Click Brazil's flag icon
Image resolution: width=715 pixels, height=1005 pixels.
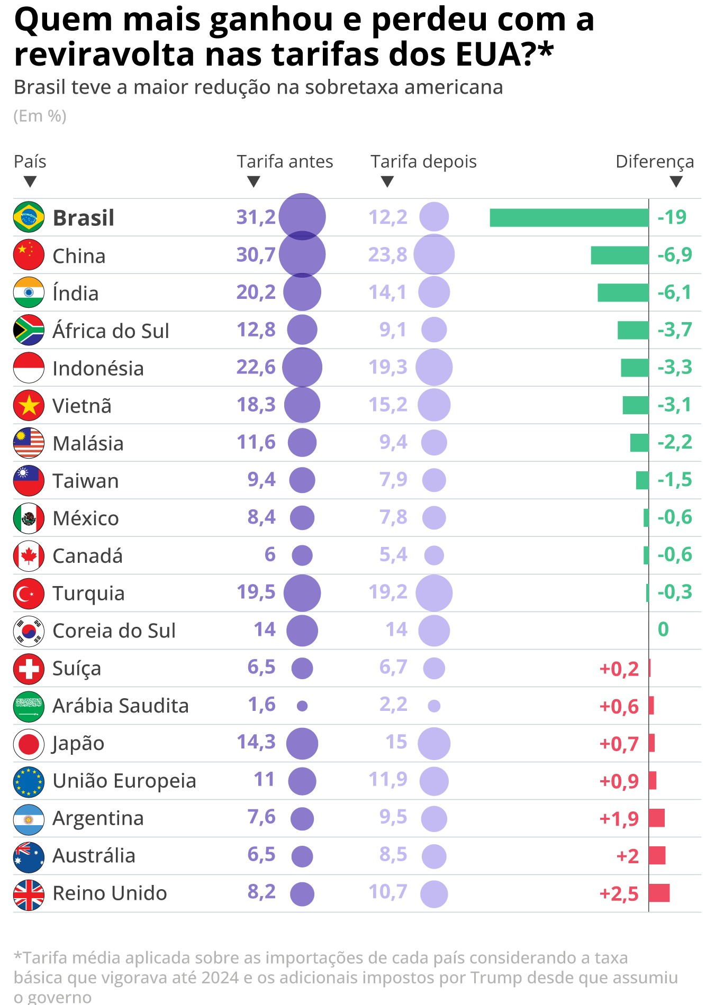tap(29, 217)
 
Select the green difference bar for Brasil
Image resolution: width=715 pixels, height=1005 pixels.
tap(569, 217)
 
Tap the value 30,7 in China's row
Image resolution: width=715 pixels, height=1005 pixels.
tap(256, 255)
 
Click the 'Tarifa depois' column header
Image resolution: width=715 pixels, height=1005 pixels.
tap(423, 161)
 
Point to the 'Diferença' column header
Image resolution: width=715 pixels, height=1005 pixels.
tap(655, 161)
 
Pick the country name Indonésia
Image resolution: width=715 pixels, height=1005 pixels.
tap(98, 368)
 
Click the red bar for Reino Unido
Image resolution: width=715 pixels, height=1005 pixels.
tap(659, 893)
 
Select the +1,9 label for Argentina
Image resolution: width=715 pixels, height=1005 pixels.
tap(619, 819)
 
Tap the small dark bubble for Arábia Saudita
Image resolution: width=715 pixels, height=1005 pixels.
tap(302, 706)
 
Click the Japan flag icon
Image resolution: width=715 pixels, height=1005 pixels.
tap(29, 743)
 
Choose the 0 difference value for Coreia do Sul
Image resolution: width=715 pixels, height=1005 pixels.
tap(663, 629)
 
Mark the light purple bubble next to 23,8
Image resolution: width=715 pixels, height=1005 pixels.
tap(434, 255)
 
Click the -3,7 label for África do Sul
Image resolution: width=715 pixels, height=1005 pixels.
tap(674, 330)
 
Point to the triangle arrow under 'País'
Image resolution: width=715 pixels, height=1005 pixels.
tap(30, 182)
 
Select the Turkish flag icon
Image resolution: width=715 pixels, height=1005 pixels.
tap(29, 593)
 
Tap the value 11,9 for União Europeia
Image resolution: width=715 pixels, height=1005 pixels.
tap(388, 779)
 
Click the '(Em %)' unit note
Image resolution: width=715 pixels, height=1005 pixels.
tap(40, 116)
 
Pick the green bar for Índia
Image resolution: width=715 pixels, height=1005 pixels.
tap(623, 293)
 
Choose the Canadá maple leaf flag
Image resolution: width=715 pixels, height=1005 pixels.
tap(29, 555)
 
